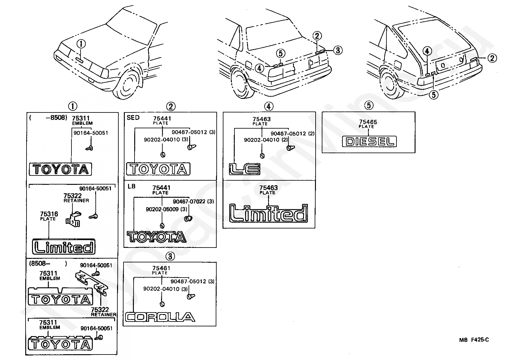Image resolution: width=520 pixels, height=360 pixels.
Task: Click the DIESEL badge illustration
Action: pyautogui.click(x=369, y=141)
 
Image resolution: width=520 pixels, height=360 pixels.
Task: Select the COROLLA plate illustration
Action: pyautogui.click(x=160, y=317)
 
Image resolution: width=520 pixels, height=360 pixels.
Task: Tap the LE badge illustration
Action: pyautogui.click(x=244, y=169)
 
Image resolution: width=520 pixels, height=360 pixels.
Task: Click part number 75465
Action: pyautogui.click(x=368, y=122)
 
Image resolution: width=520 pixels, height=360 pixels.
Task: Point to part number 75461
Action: pyautogui.click(x=161, y=268)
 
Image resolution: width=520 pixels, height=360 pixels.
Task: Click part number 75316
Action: pyautogui.click(x=49, y=214)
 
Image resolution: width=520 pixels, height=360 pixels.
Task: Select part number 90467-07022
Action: pyautogui.click(x=189, y=201)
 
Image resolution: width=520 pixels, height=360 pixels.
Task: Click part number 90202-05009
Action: pyautogui.click(x=162, y=209)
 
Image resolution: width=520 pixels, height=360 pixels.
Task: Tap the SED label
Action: pyautogui.click(x=133, y=118)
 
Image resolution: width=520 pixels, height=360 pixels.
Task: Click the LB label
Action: pyautogui.click(x=131, y=186)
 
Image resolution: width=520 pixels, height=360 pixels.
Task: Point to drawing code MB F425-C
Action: pyautogui.click(x=474, y=340)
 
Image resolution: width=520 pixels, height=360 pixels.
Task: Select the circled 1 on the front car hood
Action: pyautogui.click(x=81, y=44)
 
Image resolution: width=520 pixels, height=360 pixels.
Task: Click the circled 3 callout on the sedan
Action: pyautogui.click(x=338, y=50)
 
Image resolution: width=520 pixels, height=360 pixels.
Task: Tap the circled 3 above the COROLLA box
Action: pyautogui.click(x=170, y=256)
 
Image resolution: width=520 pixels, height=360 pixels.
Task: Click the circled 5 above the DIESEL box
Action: pyautogui.click(x=369, y=105)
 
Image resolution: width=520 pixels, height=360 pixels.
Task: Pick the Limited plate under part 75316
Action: pyautogui.click(x=64, y=247)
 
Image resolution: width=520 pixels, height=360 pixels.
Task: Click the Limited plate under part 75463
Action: pyautogui.click(x=269, y=213)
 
